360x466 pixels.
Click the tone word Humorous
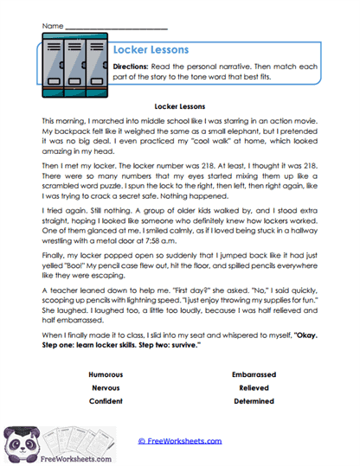106,375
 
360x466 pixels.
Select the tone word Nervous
106,388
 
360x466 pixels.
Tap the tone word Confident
106,401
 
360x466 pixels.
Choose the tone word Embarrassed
254,375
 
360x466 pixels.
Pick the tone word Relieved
254,388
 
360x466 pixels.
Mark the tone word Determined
254,401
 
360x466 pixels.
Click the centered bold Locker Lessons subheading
180,106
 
